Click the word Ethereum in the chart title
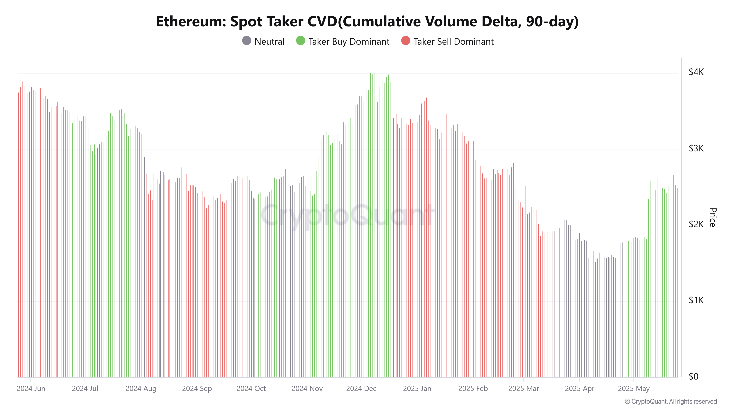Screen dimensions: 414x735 191,22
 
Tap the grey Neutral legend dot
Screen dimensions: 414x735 247,41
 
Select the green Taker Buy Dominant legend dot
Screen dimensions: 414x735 300,41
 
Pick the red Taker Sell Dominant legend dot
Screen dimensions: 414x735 406,41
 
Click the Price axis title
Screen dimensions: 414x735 712,217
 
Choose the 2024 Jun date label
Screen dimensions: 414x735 31,389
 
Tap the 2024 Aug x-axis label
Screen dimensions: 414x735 141,389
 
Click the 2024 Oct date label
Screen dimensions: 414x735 251,389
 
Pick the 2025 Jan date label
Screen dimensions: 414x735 417,389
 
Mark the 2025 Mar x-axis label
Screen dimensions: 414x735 524,389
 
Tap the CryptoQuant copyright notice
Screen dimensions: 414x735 671,401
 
